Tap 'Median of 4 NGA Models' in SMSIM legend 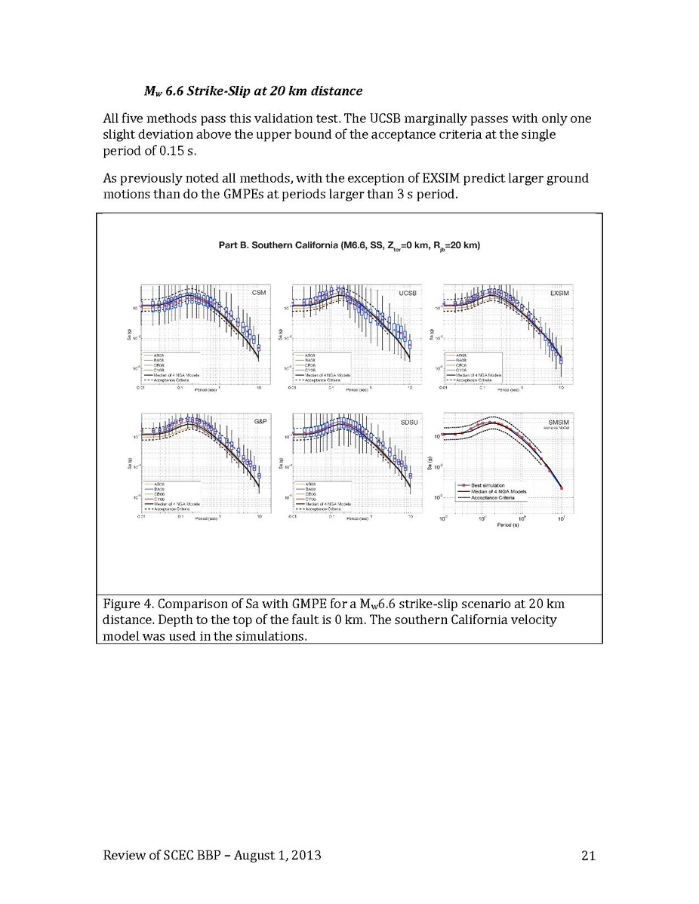pyautogui.click(x=497, y=491)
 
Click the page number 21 pyautogui.click(x=589, y=855)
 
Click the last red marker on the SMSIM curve pyautogui.click(x=562, y=489)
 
